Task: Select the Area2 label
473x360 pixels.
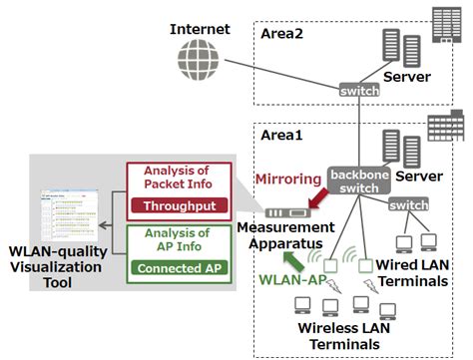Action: [289, 33]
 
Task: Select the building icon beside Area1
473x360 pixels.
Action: [439, 127]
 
